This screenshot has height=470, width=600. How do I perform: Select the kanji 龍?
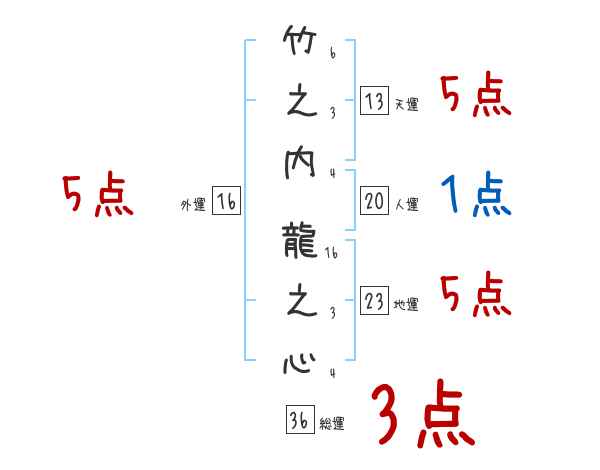300,240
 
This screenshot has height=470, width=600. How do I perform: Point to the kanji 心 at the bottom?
300,360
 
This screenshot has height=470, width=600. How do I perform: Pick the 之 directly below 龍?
300,302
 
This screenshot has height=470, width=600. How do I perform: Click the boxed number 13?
374,101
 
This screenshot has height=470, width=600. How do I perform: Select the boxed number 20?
374,201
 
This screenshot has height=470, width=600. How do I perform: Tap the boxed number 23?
374,301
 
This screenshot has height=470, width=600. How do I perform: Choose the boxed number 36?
298,420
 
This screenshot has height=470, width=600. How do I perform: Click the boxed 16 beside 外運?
226,201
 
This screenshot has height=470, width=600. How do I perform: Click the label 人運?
406,205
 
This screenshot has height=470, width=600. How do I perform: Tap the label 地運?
406,305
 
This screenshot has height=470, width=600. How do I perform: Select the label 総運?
331,424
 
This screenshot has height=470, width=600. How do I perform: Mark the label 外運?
192,205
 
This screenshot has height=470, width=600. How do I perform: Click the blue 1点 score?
476,196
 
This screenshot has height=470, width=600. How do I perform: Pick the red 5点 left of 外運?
97,195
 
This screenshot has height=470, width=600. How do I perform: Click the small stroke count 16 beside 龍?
332,255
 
